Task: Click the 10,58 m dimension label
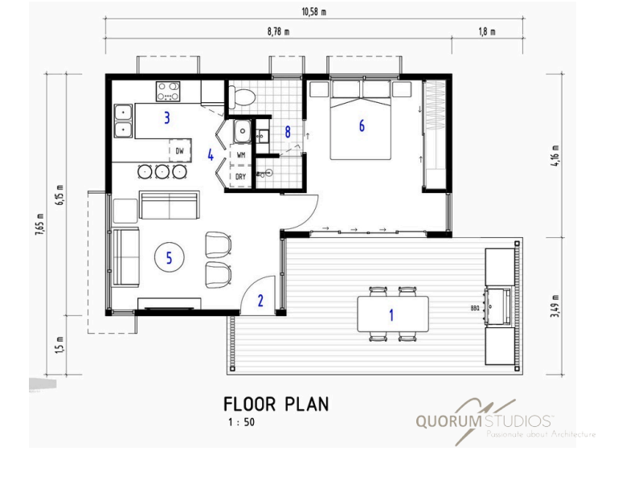click(313, 11)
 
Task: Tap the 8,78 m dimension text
click(279, 31)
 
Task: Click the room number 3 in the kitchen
click(167, 117)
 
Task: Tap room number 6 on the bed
click(362, 125)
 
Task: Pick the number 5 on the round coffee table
click(169, 258)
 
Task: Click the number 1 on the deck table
click(391, 315)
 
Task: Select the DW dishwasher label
click(179, 151)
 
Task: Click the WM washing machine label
click(241, 155)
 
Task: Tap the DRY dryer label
click(240, 177)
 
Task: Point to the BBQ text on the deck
click(475, 308)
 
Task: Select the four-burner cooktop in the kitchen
click(168, 92)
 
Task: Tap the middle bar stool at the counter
click(162, 171)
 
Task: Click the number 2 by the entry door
click(260, 301)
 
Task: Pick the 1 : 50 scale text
click(241, 422)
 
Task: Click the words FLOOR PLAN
click(276, 404)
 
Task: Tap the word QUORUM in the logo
click(448, 421)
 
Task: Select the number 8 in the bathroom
click(288, 132)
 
